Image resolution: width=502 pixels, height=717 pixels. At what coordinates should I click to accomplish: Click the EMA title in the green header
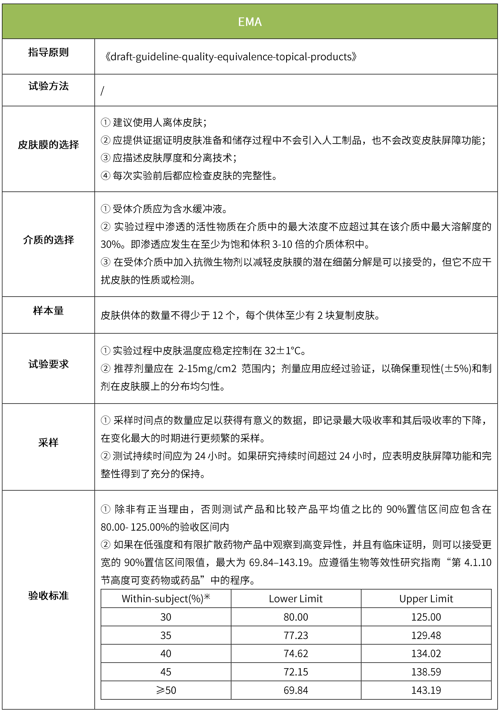click(x=250, y=22)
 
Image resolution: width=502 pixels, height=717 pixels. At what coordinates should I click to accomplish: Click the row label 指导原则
click(x=49, y=52)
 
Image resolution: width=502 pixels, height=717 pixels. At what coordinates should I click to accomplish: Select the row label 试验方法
click(x=49, y=86)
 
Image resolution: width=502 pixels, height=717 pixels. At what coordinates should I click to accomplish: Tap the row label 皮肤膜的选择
click(x=49, y=145)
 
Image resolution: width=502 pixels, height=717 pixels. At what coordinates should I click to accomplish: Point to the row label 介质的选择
click(x=49, y=240)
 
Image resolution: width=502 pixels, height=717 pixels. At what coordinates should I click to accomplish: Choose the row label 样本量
click(x=49, y=311)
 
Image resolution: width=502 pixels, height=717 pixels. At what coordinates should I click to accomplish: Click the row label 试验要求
click(x=49, y=364)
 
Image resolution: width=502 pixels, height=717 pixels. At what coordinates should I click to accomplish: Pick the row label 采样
click(x=49, y=442)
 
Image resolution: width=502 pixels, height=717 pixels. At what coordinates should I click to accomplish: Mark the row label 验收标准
click(x=49, y=595)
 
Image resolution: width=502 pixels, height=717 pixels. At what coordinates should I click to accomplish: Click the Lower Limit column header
click(x=295, y=599)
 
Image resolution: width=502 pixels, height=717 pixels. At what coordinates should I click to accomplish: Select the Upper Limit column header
click(x=426, y=599)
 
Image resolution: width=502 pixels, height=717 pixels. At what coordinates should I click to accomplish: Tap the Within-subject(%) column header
click(x=166, y=599)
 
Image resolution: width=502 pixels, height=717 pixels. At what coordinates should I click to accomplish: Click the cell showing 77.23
click(x=295, y=635)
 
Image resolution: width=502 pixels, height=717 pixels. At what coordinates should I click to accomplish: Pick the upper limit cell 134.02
click(x=426, y=654)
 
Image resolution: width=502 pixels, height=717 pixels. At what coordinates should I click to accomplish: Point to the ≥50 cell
click(x=166, y=690)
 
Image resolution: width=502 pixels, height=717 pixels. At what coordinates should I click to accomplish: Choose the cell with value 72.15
click(x=295, y=672)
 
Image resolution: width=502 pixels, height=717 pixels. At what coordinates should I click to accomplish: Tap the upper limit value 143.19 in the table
click(x=426, y=690)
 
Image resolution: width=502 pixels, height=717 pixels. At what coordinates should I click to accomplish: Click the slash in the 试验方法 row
click(x=102, y=91)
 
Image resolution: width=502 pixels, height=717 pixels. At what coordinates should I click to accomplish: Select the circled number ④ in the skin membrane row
click(x=106, y=176)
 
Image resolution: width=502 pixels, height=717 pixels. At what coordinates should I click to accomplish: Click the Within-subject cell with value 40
click(x=166, y=654)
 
